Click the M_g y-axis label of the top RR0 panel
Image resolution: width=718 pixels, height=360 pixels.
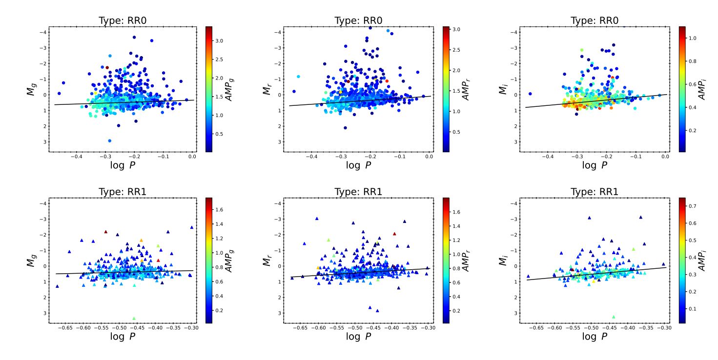(31, 88)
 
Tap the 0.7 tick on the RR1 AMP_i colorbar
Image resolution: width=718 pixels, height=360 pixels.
(692, 206)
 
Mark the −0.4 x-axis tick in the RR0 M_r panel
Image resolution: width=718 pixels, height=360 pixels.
(312, 157)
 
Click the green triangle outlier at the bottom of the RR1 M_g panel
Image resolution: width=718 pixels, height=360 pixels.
(134, 318)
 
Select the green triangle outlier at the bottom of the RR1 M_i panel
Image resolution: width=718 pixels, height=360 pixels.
(614, 317)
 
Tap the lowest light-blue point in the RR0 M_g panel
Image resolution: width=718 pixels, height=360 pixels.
(109, 140)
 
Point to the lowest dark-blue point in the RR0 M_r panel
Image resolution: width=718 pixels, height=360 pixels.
(345, 128)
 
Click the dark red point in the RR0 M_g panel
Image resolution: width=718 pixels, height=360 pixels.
(107, 67)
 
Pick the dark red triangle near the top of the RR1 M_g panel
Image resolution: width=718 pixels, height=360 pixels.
(105, 232)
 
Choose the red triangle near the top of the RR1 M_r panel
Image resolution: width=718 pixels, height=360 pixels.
(394, 234)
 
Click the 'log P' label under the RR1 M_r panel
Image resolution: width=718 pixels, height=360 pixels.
(358, 336)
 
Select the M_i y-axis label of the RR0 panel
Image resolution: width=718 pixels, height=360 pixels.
(502, 88)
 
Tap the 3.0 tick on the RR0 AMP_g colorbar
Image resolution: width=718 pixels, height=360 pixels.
(220, 41)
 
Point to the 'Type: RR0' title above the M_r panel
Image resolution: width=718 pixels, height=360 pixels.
(358, 20)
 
